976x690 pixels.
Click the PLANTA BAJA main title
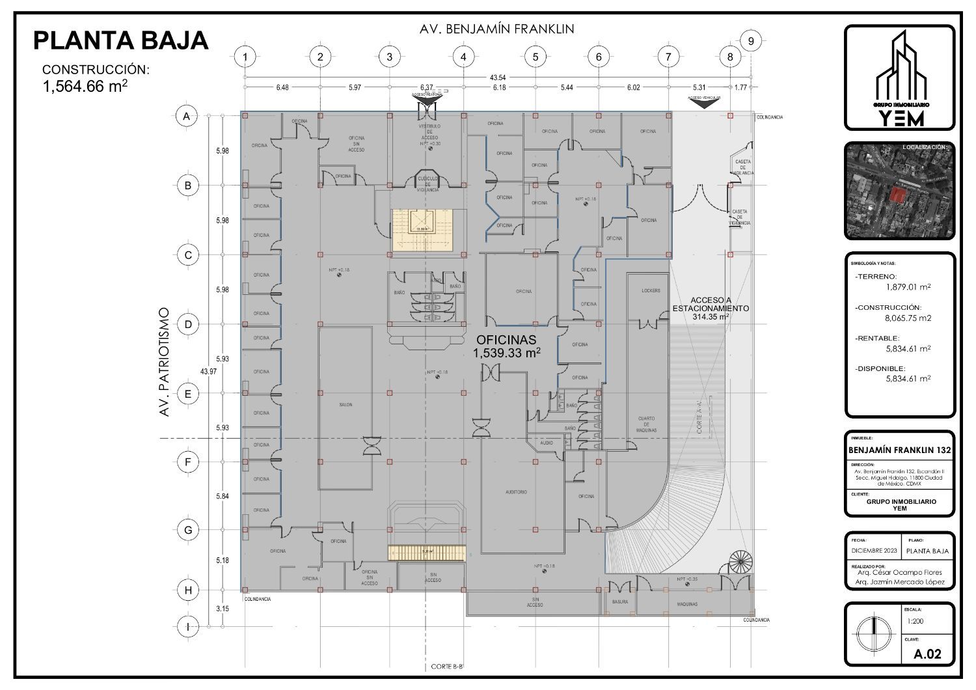click(121, 40)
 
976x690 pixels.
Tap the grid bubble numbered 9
click(751, 41)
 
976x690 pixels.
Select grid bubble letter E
click(188, 393)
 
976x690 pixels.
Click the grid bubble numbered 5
click(535, 57)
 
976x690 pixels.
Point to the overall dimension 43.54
click(498, 77)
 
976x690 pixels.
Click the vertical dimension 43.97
click(208, 372)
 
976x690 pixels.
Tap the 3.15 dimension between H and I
click(223, 609)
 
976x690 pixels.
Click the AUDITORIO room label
click(516, 492)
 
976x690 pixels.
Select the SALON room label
click(346, 405)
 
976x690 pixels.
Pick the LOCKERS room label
click(650, 291)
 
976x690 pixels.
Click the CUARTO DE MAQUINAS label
click(646, 424)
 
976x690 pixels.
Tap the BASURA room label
click(620, 602)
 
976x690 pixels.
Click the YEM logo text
click(901, 118)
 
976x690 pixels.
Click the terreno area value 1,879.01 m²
click(908, 286)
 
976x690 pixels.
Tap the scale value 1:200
click(914, 621)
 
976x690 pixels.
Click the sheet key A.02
click(927, 654)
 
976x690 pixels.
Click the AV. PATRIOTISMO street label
click(165, 362)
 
